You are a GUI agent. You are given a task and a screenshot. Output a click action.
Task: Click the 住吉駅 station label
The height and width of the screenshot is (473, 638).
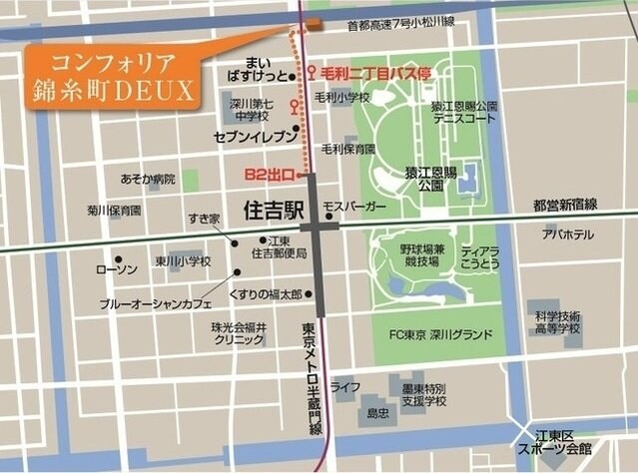[x=274, y=211]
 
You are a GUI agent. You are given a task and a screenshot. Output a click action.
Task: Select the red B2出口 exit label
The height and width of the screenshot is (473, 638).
[x=269, y=176]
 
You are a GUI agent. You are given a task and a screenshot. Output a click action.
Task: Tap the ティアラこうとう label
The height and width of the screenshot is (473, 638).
[x=479, y=258]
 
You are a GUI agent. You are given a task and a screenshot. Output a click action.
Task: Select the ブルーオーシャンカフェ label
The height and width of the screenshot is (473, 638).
[x=163, y=303]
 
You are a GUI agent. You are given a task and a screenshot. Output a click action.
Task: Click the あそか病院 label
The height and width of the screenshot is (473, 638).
[x=147, y=180]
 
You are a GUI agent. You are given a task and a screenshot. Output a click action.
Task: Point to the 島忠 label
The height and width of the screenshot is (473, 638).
[x=377, y=411]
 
